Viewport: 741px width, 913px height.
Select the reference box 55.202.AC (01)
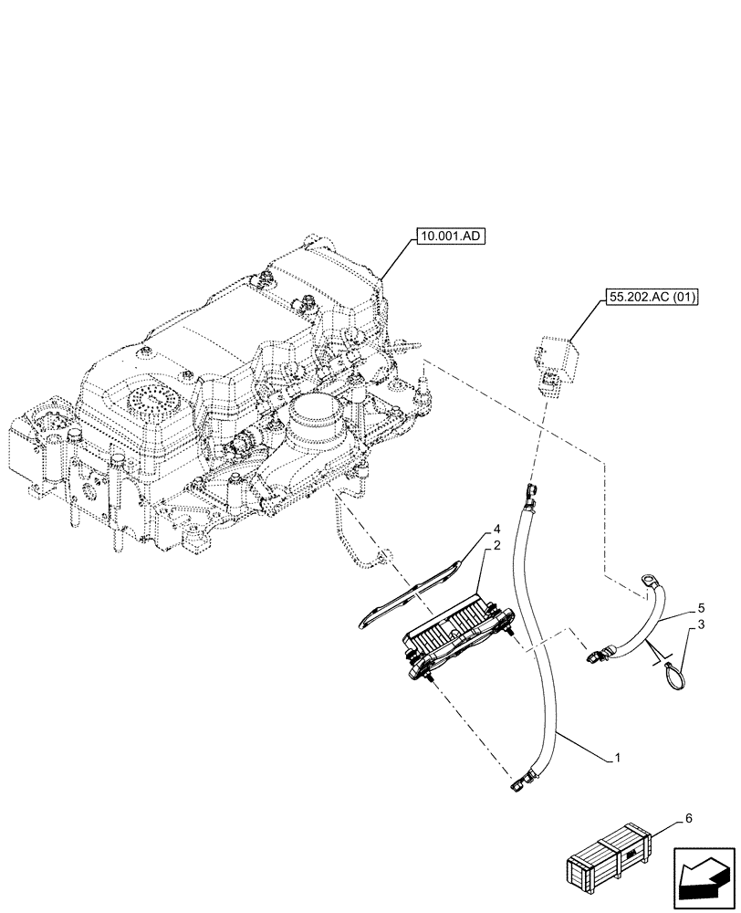(x=650, y=298)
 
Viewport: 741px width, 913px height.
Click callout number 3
(x=700, y=624)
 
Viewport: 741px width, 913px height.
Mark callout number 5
(x=700, y=606)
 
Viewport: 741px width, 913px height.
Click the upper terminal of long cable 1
(x=527, y=496)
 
